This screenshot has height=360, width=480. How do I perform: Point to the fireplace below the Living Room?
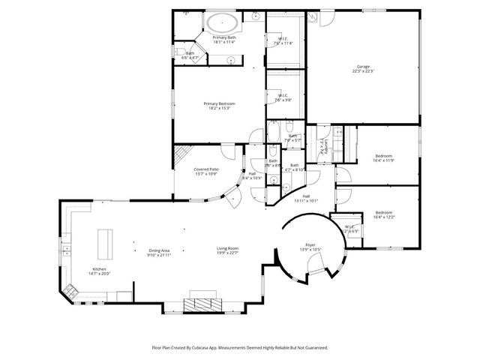point(204,304)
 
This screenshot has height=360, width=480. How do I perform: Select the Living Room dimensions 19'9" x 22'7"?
point(227,253)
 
